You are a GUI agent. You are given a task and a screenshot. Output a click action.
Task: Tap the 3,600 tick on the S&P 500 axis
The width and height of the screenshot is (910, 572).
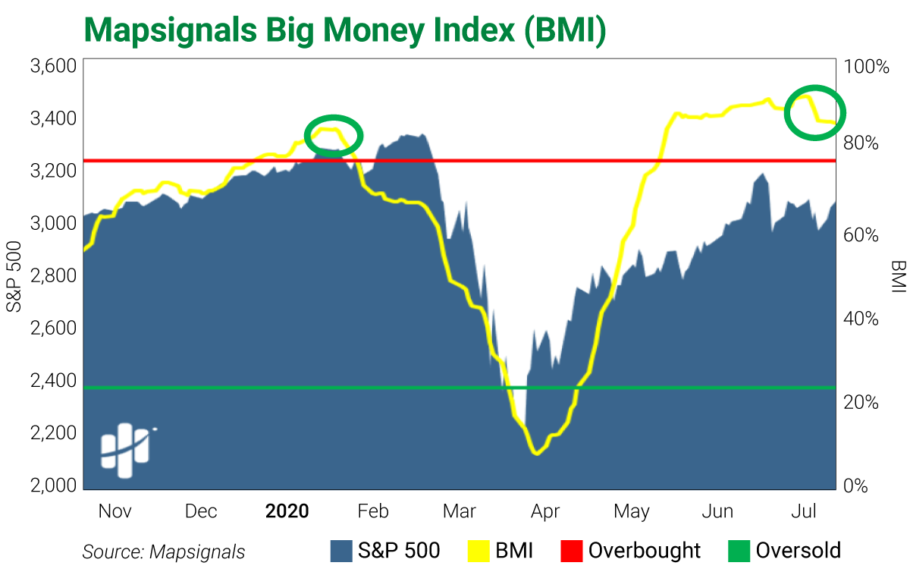click(53, 66)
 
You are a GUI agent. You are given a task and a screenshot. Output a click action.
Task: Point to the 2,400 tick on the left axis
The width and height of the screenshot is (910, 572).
click(53, 381)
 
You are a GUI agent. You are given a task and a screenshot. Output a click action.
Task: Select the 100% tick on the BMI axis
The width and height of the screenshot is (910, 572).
click(868, 68)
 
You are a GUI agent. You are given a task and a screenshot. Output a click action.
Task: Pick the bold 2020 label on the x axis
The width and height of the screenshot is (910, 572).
click(287, 511)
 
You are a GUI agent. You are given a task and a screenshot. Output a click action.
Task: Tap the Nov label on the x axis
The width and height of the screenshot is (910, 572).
click(115, 511)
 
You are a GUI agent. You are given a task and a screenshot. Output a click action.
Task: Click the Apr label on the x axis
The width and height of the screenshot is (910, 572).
click(544, 511)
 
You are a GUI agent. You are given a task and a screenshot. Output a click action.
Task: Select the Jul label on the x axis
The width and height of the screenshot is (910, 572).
click(804, 511)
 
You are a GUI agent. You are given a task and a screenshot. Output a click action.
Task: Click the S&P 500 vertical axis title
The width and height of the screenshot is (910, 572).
click(14, 276)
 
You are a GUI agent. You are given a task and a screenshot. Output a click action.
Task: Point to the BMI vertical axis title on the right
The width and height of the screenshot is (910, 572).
click(898, 276)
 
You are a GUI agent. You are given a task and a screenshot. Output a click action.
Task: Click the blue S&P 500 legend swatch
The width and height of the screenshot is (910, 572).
click(342, 551)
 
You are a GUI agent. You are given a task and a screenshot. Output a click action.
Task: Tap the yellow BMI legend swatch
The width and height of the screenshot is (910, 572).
click(479, 551)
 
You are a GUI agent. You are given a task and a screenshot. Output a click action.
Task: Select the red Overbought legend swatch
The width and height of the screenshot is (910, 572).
click(571, 551)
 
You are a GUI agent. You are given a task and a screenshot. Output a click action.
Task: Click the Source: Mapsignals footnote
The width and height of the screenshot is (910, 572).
click(163, 552)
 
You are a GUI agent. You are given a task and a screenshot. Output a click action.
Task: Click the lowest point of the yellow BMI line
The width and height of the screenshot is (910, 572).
click(537, 454)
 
